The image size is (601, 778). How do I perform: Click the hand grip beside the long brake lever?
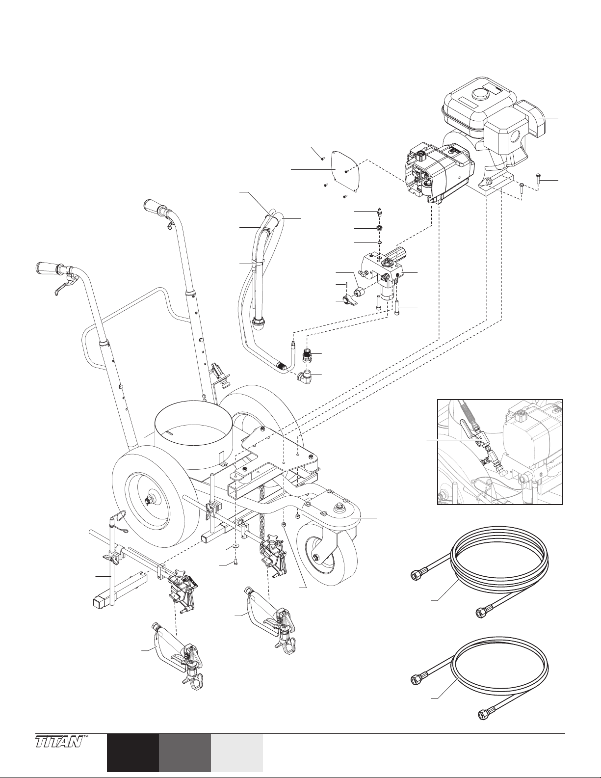(48, 268)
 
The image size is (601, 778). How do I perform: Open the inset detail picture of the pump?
(499, 452)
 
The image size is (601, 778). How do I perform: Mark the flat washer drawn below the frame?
(236, 545)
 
